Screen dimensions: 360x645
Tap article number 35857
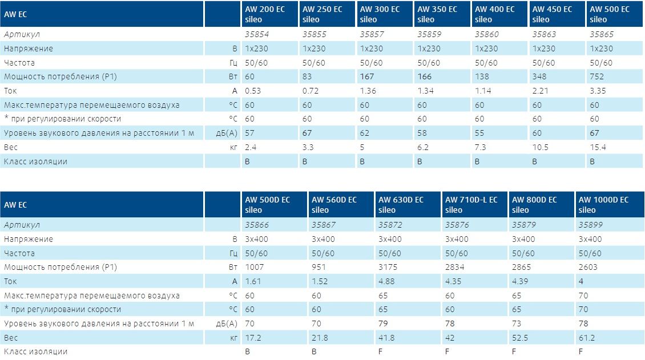(x=372, y=34)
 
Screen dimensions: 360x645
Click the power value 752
(x=598, y=76)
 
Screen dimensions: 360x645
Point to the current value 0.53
(x=253, y=91)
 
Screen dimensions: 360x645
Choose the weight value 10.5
(x=540, y=147)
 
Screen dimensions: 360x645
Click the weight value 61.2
(x=587, y=338)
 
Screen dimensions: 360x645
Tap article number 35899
(x=591, y=225)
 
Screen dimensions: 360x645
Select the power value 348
(x=539, y=76)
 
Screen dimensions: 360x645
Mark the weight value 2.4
(x=250, y=147)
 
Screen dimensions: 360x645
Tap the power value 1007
(x=255, y=267)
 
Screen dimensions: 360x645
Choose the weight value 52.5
(x=521, y=338)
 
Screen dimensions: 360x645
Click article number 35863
(x=544, y=34)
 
